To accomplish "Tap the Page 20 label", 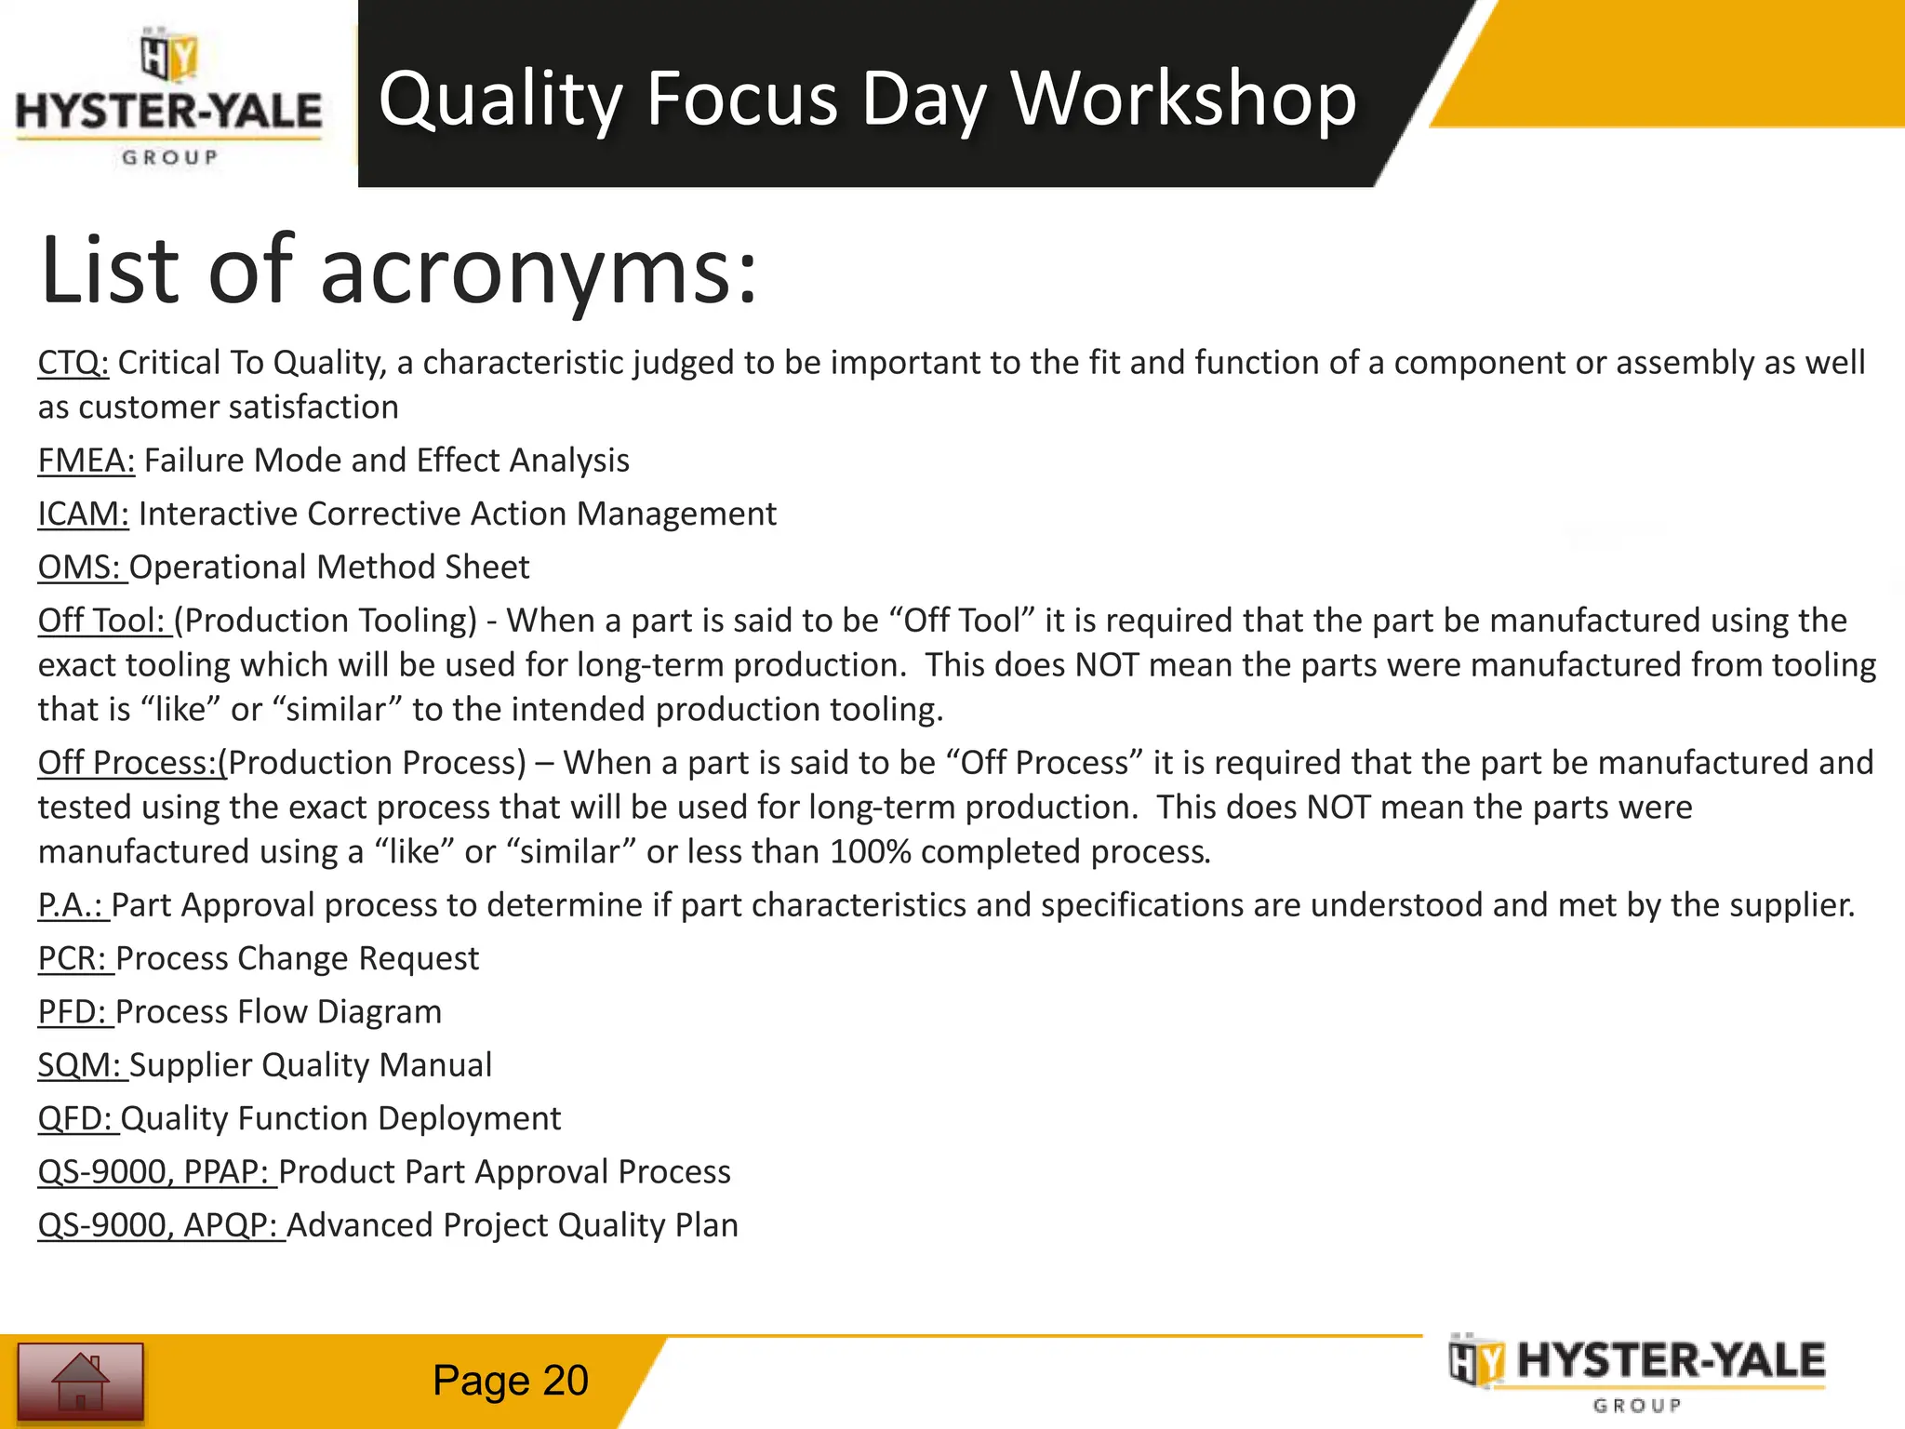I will (510, 1381).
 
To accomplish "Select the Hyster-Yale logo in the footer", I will (1638, 1374).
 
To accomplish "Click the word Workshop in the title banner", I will (1183, 99).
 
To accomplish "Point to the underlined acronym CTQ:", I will (73, 363).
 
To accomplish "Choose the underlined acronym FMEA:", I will (87, 461).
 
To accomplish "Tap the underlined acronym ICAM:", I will (84, 514).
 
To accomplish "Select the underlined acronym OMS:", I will (80, 568).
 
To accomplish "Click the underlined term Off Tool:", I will (102, 621).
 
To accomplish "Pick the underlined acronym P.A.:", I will (71, 905).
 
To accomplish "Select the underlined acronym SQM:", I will (80, 1065).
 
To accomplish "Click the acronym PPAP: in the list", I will (226, 1172).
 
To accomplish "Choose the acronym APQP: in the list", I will (231, 1225).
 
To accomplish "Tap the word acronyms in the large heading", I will (540, 272).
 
